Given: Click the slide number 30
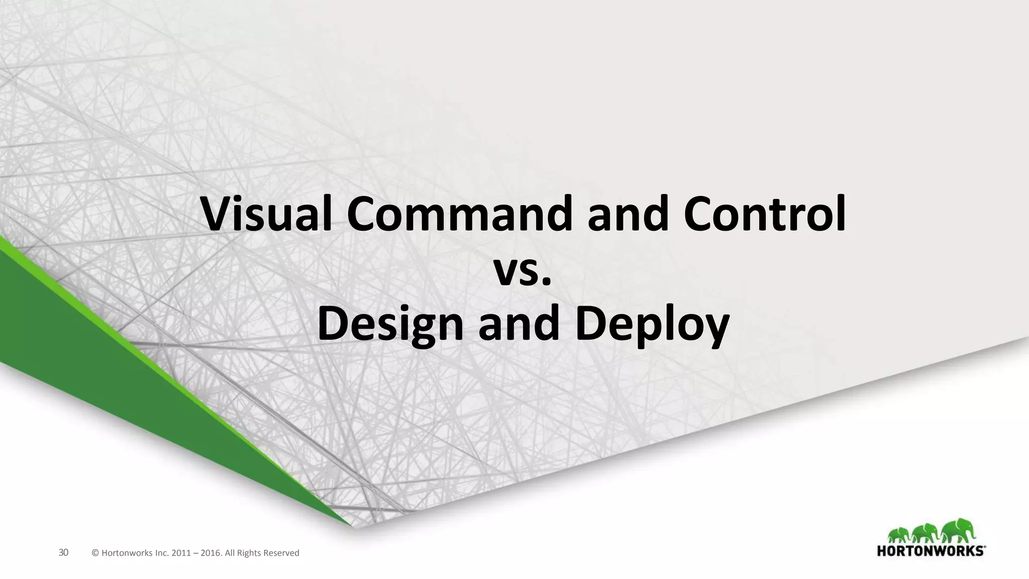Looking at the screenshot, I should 63,553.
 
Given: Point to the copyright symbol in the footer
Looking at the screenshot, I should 95,553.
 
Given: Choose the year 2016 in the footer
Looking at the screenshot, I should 211,553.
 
